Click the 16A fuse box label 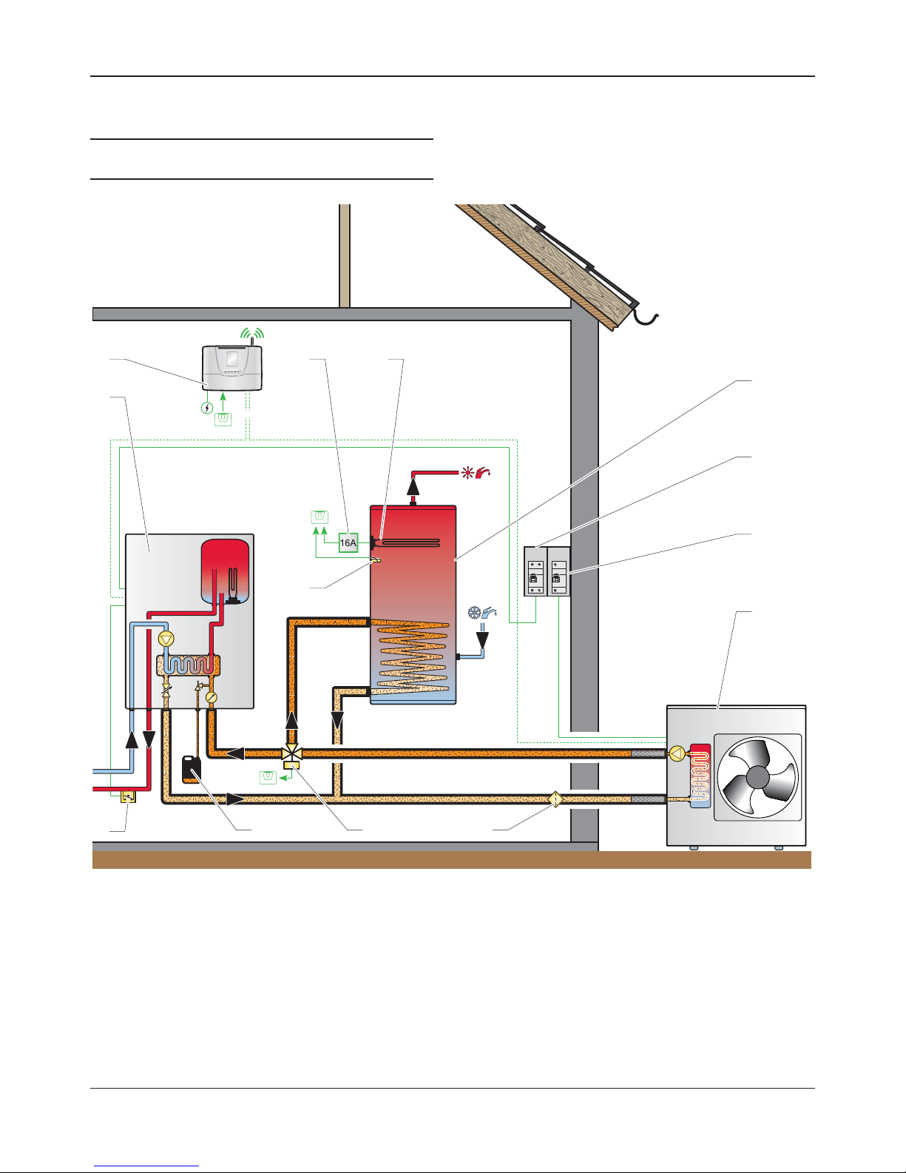(x=348, y=542)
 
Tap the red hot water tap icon (x=483, y=473)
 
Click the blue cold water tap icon (x=489, y=613)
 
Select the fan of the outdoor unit (x=757, y=777)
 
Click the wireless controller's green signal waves (x=252, y=332)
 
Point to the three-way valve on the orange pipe (x=291, y=753)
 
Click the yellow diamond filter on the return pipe (x=555, y=799)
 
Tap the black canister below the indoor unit (x=192, y=769)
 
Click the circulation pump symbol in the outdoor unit (x=677, y=753)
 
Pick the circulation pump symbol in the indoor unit (x=166, y=639)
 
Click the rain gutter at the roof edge (x=645, y=318)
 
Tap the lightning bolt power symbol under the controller (x=206, y=408)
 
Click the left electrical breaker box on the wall (x=535, y=571)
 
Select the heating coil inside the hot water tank (x=413, y=655)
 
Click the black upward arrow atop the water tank (x=413, y=487)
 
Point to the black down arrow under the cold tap (x=482, y=640)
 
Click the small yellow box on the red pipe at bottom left (x=129, y=797)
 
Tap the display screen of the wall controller (x=231, y=360)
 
